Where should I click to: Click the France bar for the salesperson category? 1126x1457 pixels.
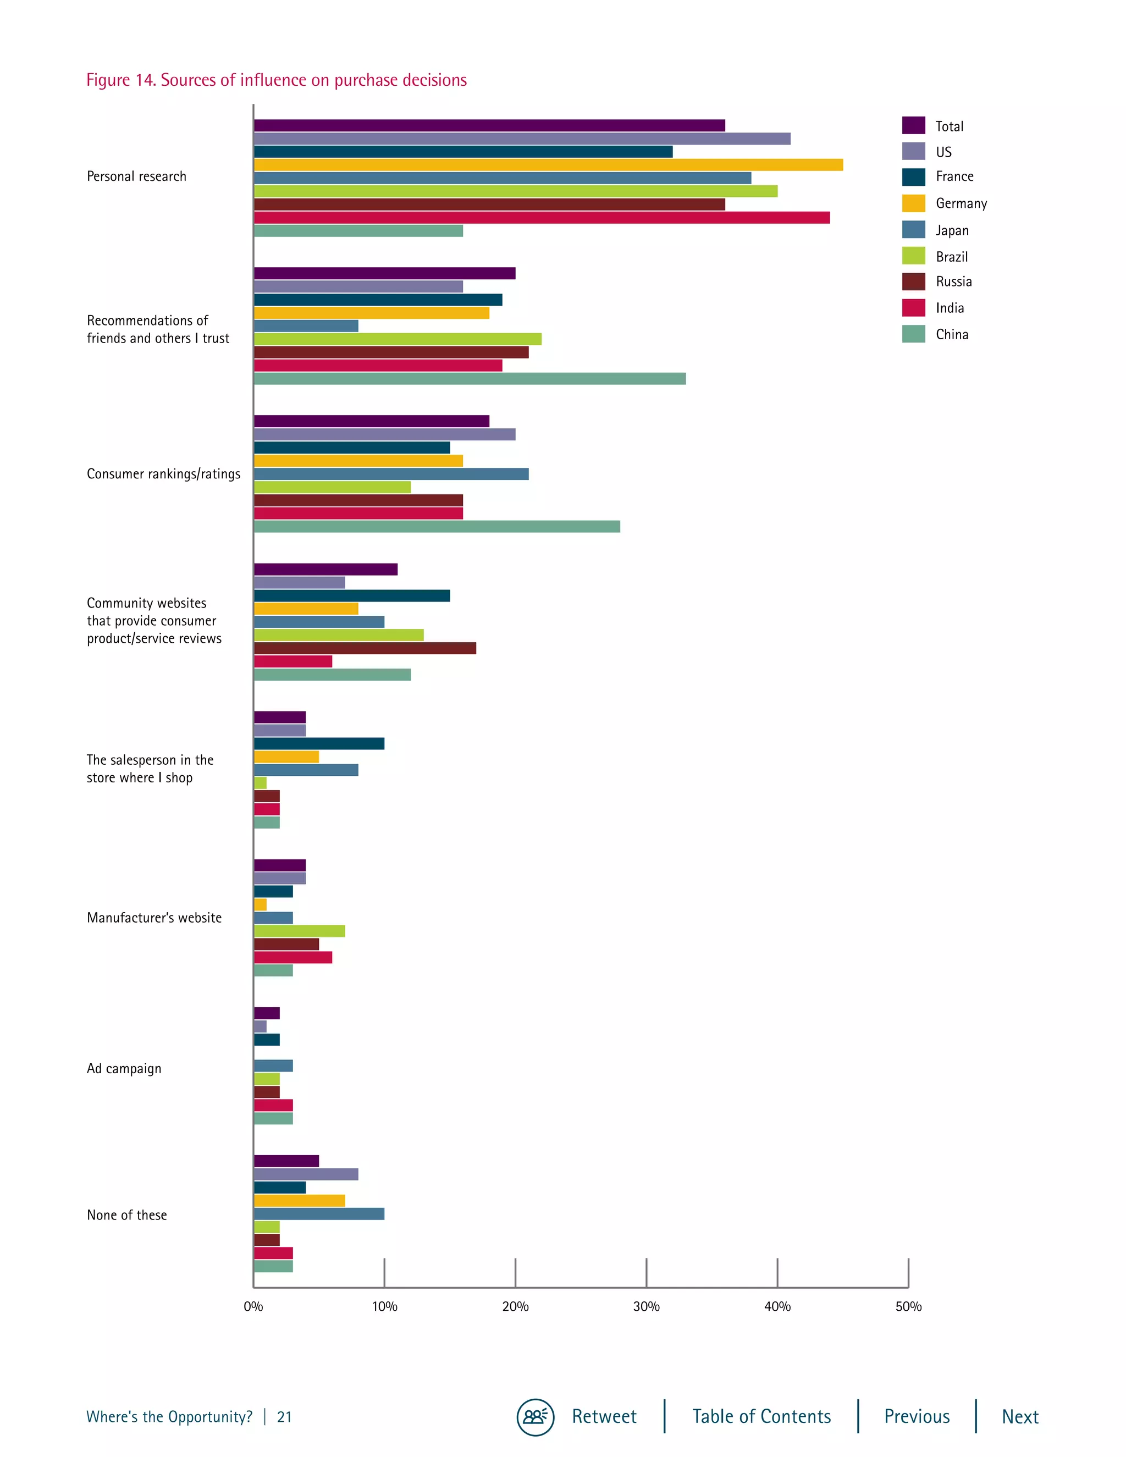pos(319,744)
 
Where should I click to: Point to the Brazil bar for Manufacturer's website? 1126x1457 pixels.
pos(299,931)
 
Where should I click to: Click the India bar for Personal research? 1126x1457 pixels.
pos(541,218)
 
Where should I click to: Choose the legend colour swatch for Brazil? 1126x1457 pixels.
pos(913,256)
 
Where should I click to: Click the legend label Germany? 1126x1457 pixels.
pos(961,203)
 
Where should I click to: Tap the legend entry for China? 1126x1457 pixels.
pos(951,334)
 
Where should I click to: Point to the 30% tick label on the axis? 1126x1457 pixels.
pos(645,1307)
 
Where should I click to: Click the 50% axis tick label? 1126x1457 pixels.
pos(908,1307)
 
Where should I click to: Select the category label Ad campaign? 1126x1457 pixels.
pos(124,1069)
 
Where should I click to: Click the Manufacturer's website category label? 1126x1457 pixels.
pos(154,918)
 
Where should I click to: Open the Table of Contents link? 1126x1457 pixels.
pos(761,1416)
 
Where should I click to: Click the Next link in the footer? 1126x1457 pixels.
pos(1019,1416)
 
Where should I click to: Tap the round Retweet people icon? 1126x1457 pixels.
pos(535,1416)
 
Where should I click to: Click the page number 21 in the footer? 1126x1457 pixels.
pos(284,1417)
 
